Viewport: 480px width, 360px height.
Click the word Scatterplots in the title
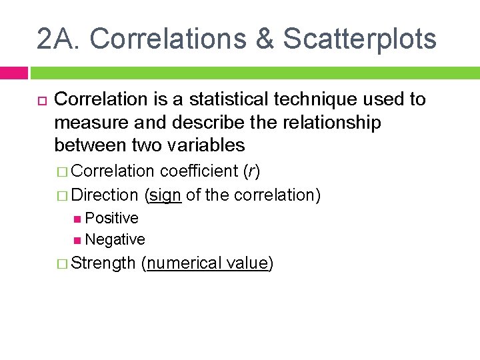click(359, 39)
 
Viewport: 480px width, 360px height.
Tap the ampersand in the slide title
click(265, 39)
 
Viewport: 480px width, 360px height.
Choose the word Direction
click(104, 195)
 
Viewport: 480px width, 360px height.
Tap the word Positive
click(112, 218)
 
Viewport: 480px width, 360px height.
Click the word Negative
click(115, 239)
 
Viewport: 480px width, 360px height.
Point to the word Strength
click(103, 263)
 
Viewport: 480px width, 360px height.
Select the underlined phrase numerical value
click(207, 263)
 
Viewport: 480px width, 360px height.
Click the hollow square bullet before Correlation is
click(41, 100)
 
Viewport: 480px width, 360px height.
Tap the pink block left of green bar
click(13, 72)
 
